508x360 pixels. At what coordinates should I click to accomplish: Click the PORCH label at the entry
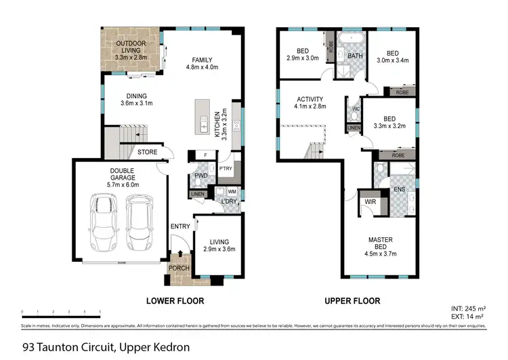pyautogui.click(x=179, y=268)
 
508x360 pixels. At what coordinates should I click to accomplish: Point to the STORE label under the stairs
pyautogui.click(x=148, y=153)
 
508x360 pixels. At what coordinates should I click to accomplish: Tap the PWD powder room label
pyautogui.click(x=200, y=176)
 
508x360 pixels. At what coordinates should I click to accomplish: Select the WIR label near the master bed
pyautogui.click(x=371, y=202)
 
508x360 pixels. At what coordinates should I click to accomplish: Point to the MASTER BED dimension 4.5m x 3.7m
pyautogui.click(x=381, y=254)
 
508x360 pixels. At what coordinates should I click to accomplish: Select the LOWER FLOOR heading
pyautogui.click(x=175, y=300)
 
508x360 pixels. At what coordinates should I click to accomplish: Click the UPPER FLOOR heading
pyautogui.click(x=352, y=300)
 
